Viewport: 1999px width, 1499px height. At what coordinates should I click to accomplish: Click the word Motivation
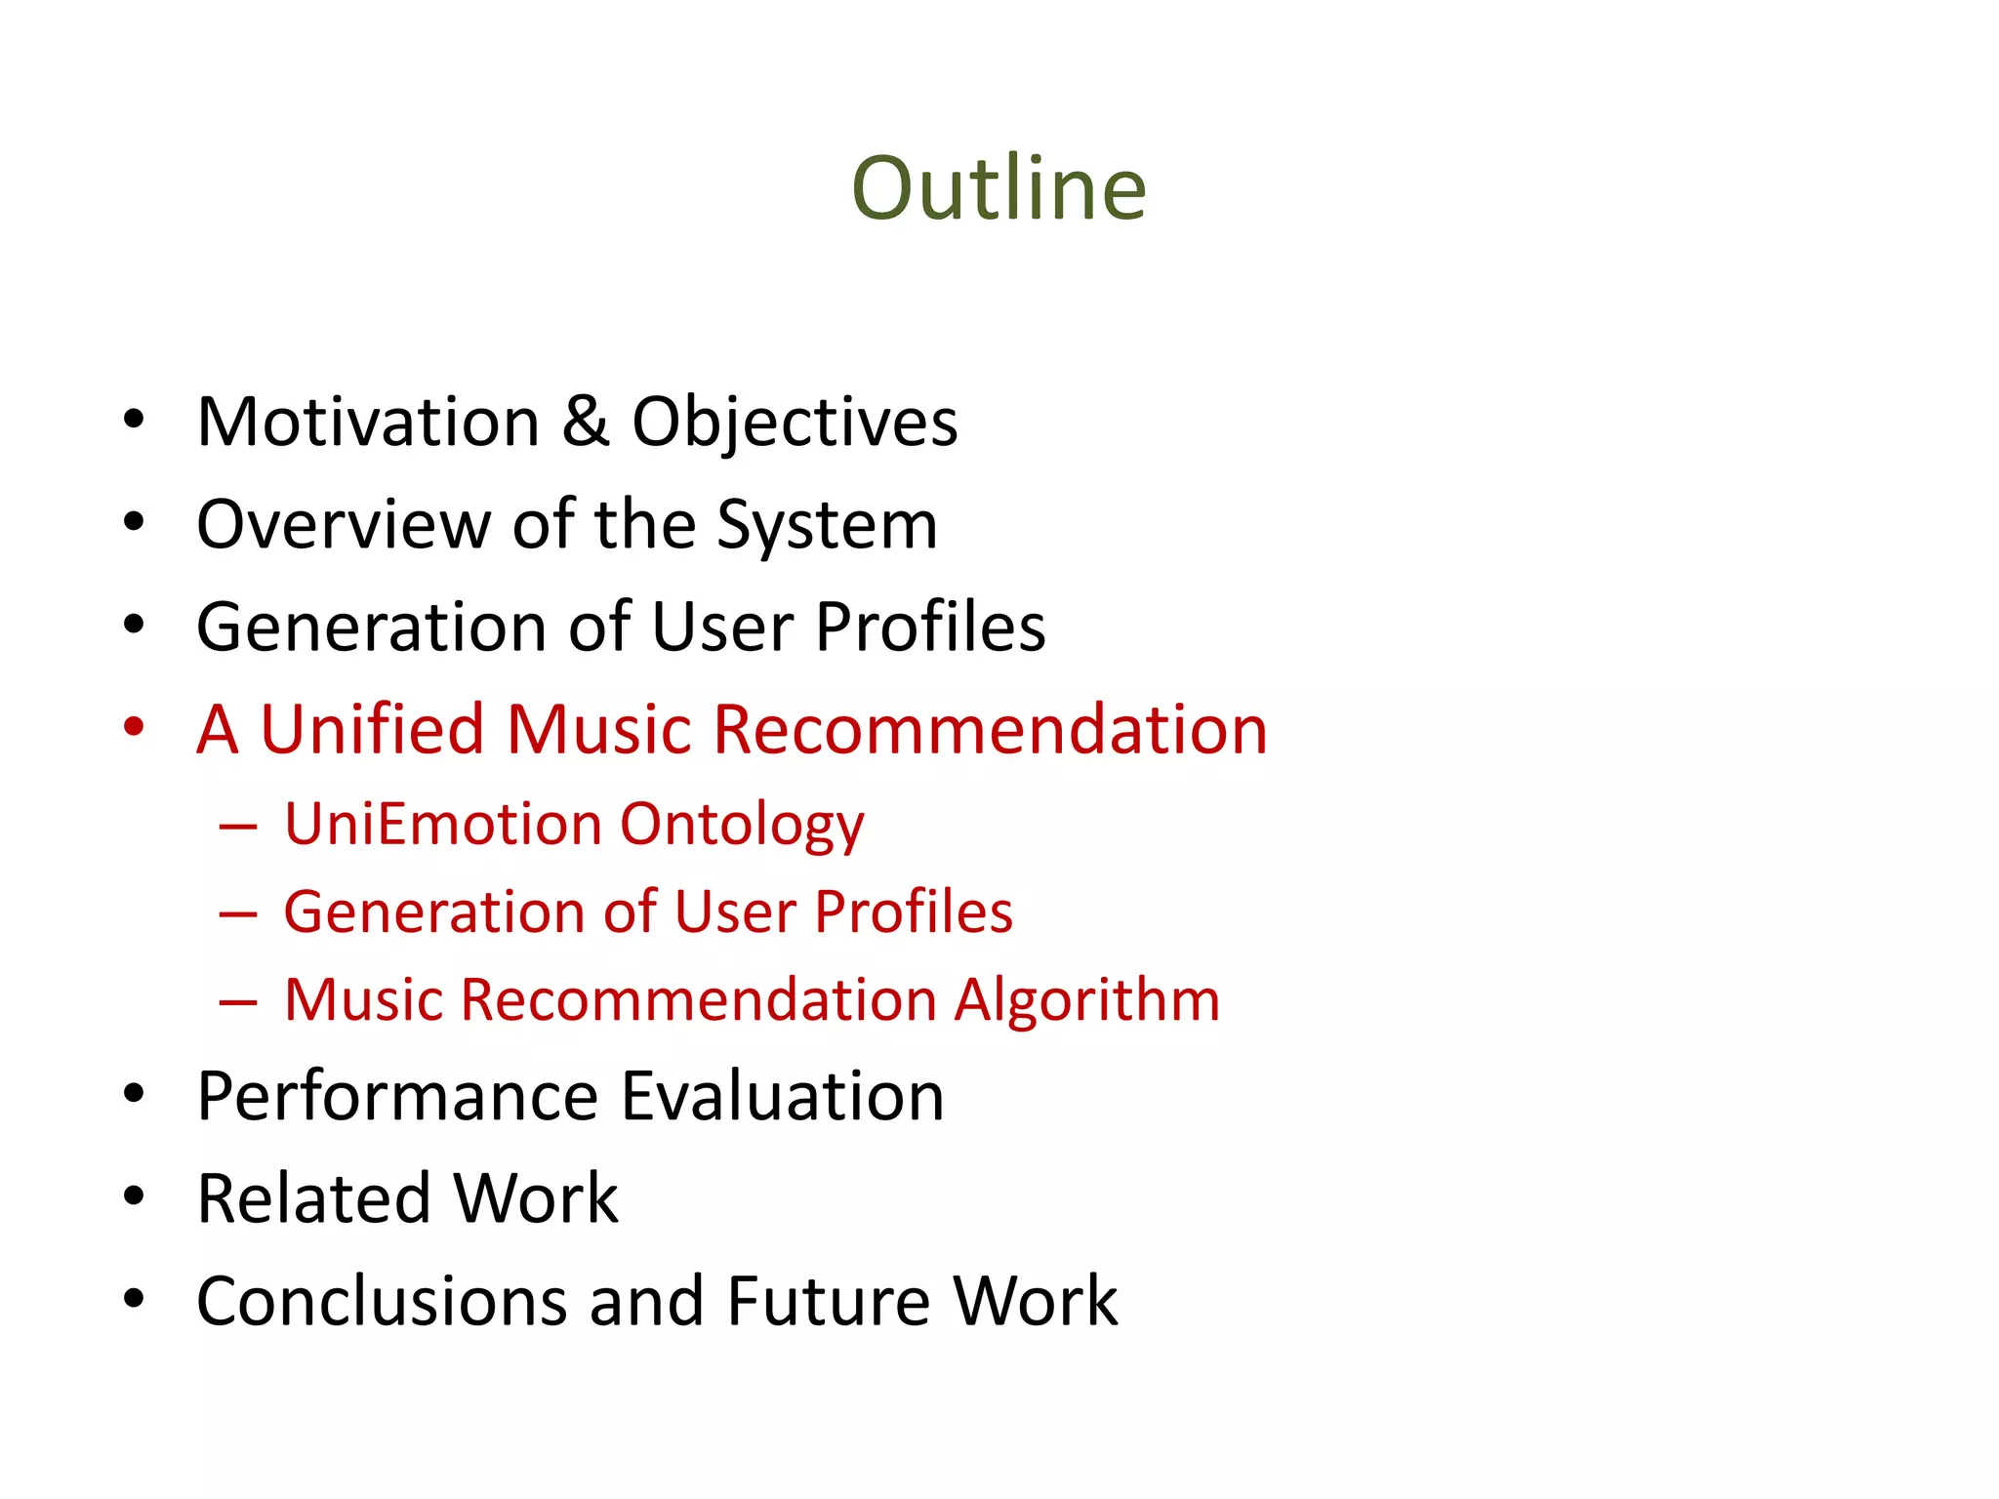(368, 423)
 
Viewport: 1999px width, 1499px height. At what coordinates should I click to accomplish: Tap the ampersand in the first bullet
(586, 423)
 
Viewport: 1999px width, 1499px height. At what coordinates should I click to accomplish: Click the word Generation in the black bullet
(371, 628)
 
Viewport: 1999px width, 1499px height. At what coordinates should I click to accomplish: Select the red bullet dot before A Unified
(134, 727)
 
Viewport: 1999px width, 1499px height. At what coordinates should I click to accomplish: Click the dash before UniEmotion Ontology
(238, 828)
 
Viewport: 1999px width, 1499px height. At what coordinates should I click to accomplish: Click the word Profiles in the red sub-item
(914, 912)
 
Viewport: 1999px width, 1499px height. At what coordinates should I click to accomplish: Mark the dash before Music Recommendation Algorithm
(238, 1002)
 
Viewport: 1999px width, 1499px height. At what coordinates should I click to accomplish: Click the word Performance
(396, 1097)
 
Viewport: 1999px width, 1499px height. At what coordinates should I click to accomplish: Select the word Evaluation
(783, 1097)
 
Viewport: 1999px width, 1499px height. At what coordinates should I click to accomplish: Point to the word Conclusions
(382, 1302)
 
